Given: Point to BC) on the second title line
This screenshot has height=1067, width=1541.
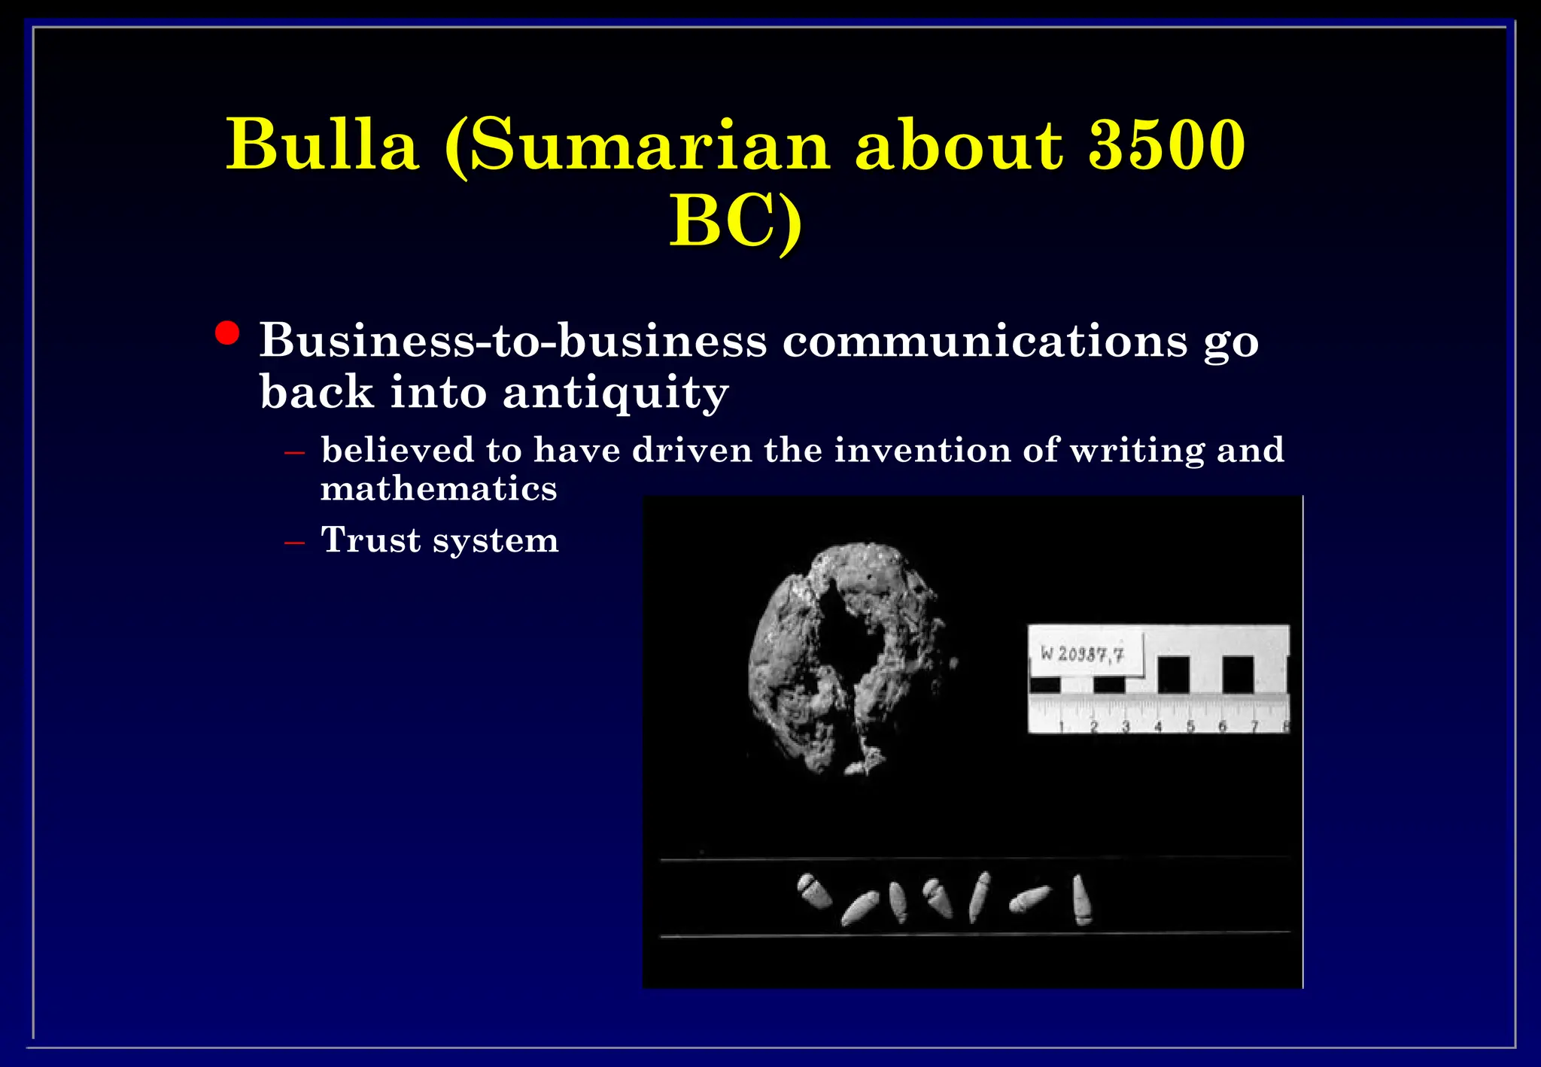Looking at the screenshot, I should [x=736, y=220].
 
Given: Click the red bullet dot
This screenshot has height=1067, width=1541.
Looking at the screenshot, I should [x=227, y=333].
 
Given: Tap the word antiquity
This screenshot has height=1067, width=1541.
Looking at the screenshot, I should [x=615, y=392].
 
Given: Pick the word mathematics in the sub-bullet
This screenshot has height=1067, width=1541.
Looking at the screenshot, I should [x=439, y=489].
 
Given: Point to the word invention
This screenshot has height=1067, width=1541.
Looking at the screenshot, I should [x=922, y=450].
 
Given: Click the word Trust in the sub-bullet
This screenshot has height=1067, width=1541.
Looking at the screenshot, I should [x=370, y=540].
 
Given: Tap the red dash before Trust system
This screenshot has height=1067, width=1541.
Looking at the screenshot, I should [x=294, y=542].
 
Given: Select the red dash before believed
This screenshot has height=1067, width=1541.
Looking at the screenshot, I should [x=294, y=453].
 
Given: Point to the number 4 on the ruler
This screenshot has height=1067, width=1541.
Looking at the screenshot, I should [x=1158, y=726].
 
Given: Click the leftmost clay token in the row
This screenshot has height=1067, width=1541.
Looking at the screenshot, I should [x=813, y=892].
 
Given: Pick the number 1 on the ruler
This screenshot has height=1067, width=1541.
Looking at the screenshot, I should [x=1061, y=726].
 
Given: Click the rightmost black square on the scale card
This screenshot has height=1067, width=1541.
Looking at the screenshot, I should [x=1238, y=674].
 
